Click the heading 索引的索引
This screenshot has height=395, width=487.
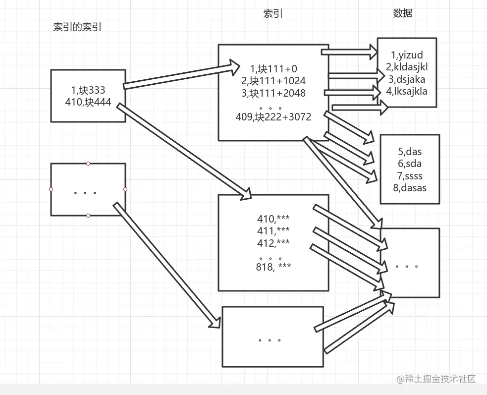coord(77,27)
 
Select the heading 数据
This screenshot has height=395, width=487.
coord(403,13)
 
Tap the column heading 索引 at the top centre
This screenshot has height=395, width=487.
coord(273,14)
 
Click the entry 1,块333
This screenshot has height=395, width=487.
coord(88,90)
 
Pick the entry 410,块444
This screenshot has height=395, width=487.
coord(88,103)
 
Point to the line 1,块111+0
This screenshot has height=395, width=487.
coord(273,69)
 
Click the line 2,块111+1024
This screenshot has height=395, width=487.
coord(273,81)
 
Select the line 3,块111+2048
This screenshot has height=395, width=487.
coord(273,93)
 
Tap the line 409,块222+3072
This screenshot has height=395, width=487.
coord(273,117)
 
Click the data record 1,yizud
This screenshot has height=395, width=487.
coord(407,55)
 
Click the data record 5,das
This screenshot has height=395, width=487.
coord(409,152)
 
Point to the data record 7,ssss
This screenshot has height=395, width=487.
coord(409,176)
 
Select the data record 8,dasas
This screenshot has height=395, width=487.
coord(409,188)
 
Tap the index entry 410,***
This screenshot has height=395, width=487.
coord(273,219)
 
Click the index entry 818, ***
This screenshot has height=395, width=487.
coord(274,267)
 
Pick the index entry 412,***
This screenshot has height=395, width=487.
coord(273,243)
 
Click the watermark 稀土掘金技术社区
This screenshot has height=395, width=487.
coord(436,379)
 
